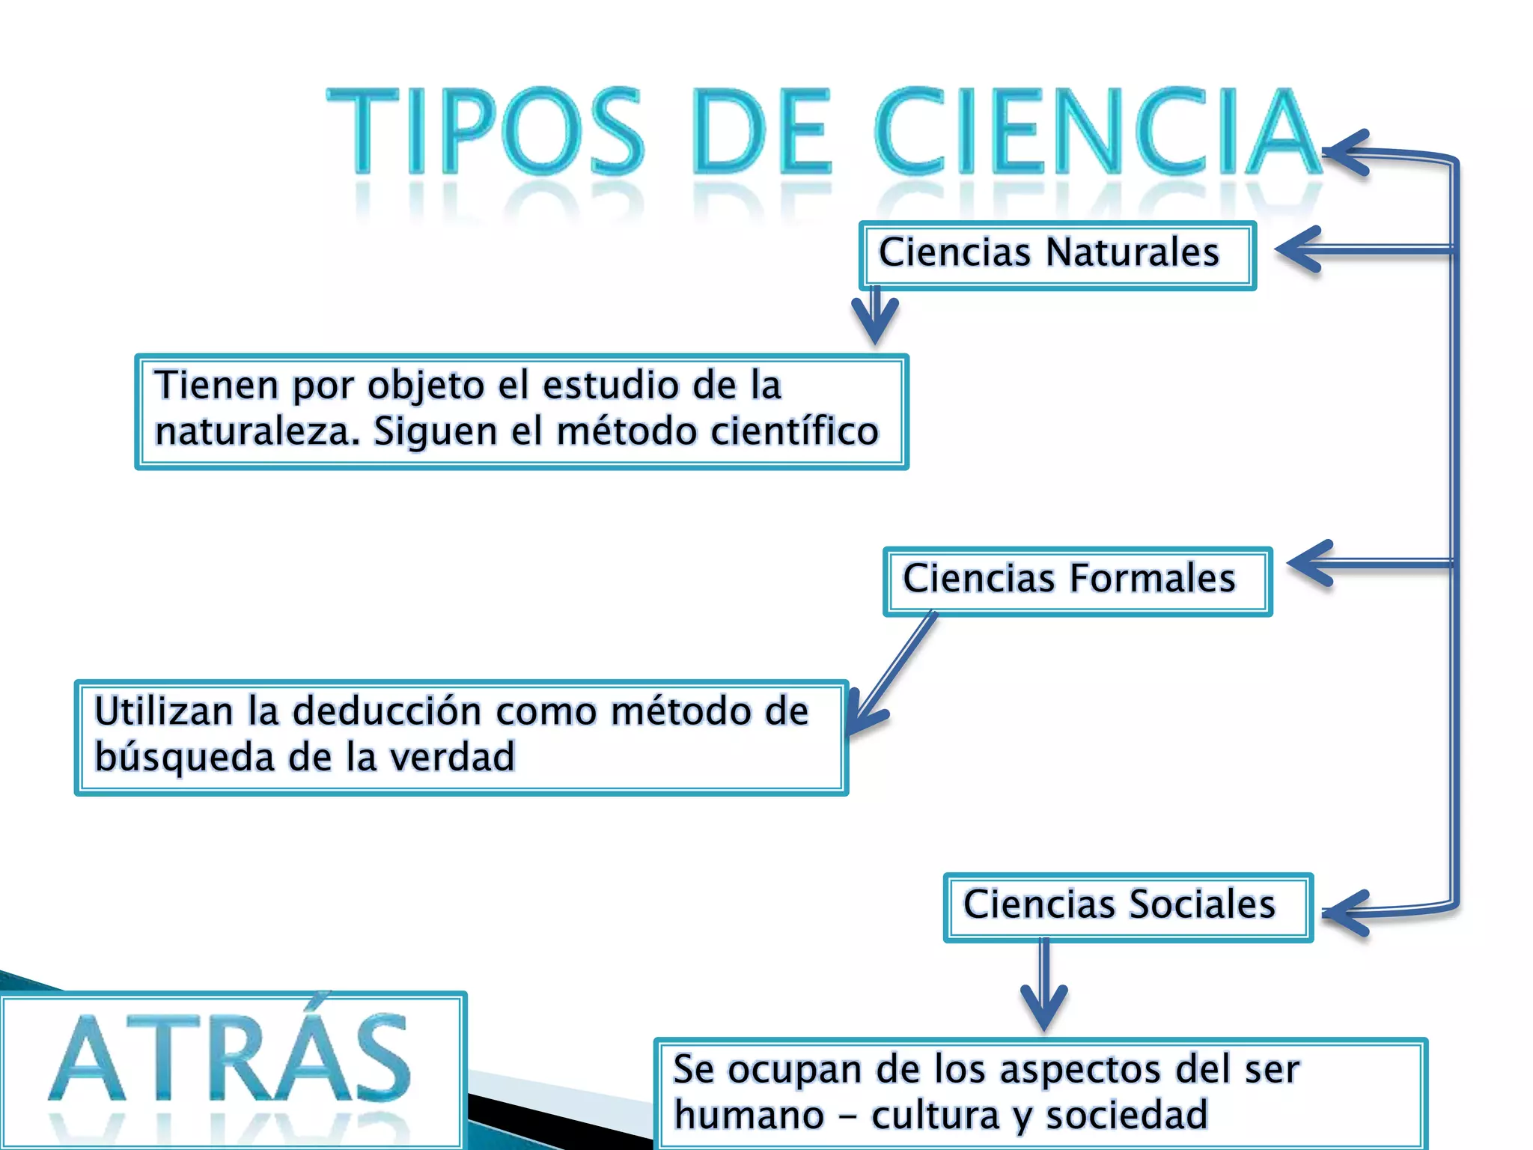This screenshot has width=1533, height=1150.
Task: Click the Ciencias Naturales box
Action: pyautogui.click(x=1057, y=255)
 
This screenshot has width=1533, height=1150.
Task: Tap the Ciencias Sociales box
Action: pyautogui.click(x=1127, y=907)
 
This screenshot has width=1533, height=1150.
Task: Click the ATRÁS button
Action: pyautogui.click(x=232, y=1063)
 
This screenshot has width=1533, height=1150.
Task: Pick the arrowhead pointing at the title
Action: pyautogui.click(x=1347, y=153)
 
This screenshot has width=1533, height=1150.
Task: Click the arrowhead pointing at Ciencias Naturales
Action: pyautogui.click(x=1301, y=249)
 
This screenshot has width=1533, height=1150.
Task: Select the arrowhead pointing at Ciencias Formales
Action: pyautogui.click(x=1312, y=562)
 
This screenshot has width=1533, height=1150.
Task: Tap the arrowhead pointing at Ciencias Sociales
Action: pyautogui.click(x=1347, y=913)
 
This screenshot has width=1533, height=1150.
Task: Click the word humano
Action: pyautogui.click(x=749, y=1115)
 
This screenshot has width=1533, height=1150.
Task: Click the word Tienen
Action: pyautogui.click(x=216, y=386)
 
